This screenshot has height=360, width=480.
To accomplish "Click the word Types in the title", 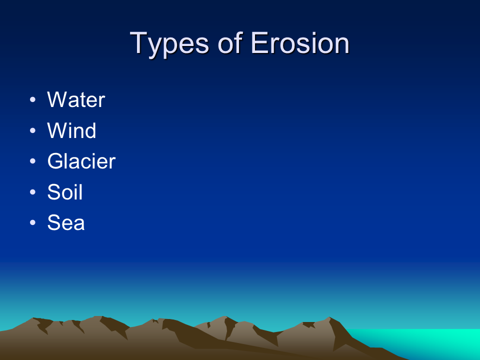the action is click(169, 44).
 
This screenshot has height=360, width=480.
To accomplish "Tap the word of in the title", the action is click(230, 43).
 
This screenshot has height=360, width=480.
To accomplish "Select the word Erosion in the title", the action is click(300, 43).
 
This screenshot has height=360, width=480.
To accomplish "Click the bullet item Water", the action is click(76, 99).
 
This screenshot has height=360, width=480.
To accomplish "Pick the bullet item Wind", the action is click(71, 130).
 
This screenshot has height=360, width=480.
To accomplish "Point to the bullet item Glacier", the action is click(81, 161).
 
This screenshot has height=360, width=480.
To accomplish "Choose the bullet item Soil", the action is click(65, 192).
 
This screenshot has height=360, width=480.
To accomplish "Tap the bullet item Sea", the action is click(66, 222).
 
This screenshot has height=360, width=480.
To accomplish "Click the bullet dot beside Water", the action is click(33, 99).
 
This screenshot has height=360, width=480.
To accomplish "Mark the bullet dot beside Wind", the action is click(33, 130).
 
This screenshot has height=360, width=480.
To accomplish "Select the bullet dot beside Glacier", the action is click(33, 161).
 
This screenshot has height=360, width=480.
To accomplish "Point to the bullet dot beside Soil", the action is click(33, 192).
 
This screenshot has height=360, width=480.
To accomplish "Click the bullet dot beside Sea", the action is click(33, 222).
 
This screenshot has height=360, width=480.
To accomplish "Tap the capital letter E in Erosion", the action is click(259, 43).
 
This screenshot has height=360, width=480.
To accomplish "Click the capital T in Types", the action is click(139, 43).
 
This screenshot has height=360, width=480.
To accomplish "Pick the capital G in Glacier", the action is click(55, 161).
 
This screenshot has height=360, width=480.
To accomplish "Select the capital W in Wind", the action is click(58, 130).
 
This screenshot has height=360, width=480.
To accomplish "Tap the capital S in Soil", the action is click(54, 192).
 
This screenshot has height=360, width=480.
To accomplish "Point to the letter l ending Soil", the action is click(81, 192).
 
